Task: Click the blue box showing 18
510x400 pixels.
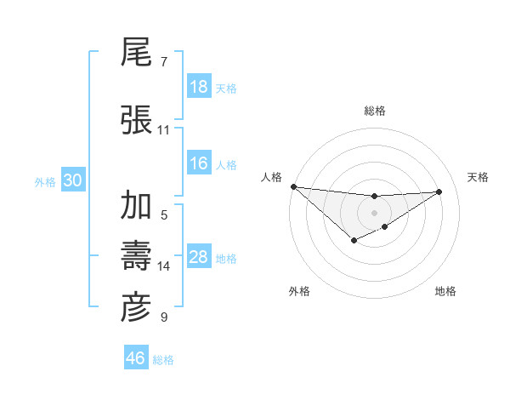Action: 199,87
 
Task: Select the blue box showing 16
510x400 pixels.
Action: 199,163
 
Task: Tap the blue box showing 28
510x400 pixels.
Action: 199,257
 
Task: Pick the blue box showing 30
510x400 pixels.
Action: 72,180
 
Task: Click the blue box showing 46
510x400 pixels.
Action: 136,358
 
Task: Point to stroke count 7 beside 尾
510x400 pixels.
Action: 163,62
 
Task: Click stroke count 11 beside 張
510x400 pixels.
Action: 163,130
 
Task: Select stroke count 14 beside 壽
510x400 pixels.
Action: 163,266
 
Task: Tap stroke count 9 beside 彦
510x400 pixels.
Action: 163,317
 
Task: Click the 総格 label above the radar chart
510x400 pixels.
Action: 375,111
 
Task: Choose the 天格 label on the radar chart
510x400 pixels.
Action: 479,176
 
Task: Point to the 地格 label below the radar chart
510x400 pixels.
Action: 445,291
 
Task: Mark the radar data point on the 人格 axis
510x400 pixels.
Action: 293,186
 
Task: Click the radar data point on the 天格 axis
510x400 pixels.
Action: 439,191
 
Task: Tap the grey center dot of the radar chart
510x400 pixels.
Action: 374,212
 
